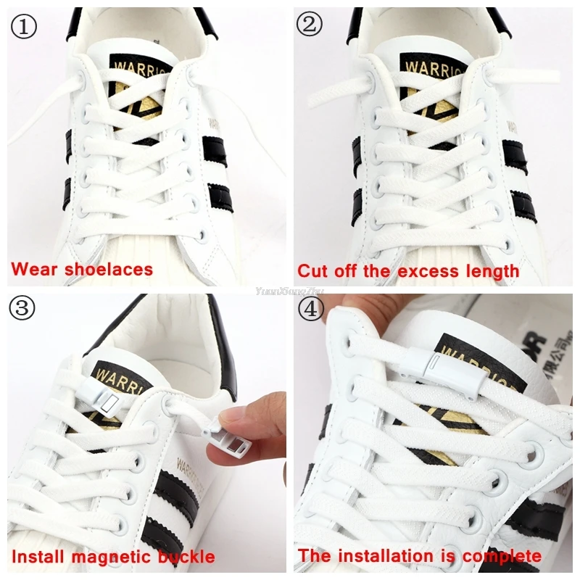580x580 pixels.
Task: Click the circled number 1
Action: point(23,27)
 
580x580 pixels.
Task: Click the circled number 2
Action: point(309,25)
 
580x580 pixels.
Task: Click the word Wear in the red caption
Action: point(37,270)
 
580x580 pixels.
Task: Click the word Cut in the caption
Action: point(313,271)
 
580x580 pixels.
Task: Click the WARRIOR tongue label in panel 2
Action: point(431,70)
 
